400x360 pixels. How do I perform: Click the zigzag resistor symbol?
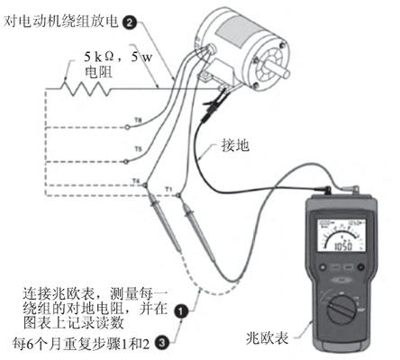(x=79, y=89)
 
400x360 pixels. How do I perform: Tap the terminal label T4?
(x=136, y=181)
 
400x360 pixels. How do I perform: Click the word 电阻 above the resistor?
(x=97, y=74)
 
